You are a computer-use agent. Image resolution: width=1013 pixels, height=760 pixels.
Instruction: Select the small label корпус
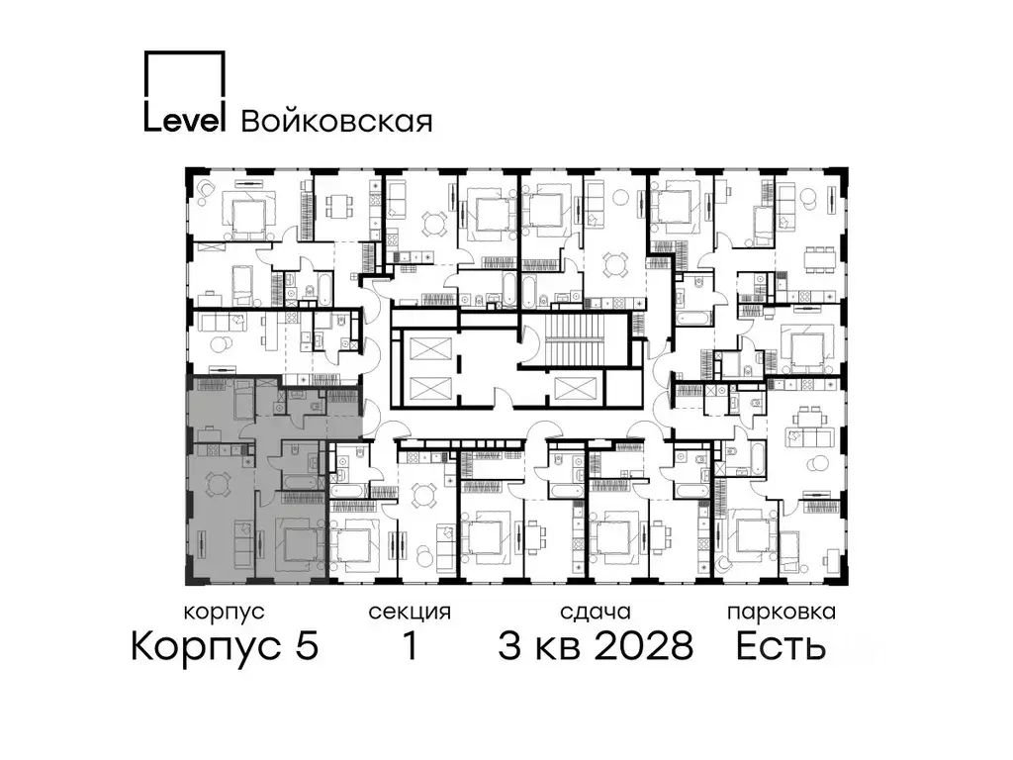pyautogui.click(x=225, y=612)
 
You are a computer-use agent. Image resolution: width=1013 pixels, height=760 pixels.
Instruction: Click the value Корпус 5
pyautogui.click(x=225, y=647)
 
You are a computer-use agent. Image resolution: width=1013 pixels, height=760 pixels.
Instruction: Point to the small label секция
pyautogui.click(x=410, y=612)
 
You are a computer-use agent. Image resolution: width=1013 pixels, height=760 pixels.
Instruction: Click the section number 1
pyautogui.click(x=409, y=647)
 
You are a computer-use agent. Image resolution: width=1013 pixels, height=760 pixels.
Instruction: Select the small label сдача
pyautogui.click(x=594, y=612)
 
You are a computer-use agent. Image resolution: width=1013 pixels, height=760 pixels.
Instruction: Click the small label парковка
pyautogui.click(x=781, y=612)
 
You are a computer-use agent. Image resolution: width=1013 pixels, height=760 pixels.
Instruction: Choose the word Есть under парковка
pyautogui.click(x=781, y=647)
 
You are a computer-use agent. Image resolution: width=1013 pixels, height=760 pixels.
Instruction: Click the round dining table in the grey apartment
pyautogui.click(x=216, y=483)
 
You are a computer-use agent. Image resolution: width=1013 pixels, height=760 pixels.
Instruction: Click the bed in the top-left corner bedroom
pyautogui.click(x=243, y=212)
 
